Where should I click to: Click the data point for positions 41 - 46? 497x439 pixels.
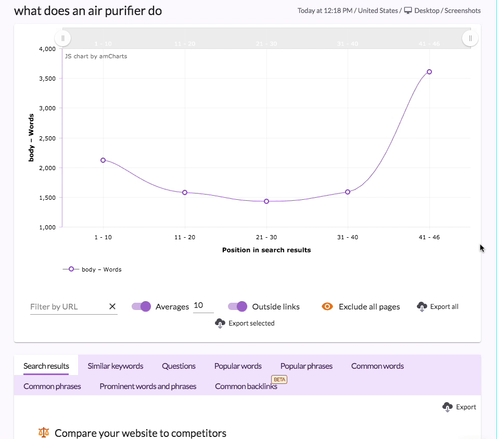[x=429, y=72]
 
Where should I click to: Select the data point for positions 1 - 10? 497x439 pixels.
[x=103, y=160]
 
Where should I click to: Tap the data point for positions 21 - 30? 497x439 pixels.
[x=266, y=201]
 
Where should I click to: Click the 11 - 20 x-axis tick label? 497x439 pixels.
[x=185, y=237]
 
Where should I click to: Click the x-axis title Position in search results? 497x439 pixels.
[x=266, y=250]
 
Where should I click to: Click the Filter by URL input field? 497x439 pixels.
[x=68, y=307]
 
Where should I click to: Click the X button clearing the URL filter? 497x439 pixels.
[x=112, y=307]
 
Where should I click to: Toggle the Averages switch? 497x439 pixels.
[x=141, y=307]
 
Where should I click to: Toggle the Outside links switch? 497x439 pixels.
[x=237, y=307]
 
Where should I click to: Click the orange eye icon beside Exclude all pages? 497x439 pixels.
[x=327, y=307]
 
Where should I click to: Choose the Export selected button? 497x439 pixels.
[x=245, y=324]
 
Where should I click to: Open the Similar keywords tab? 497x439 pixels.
[x=116, y=366]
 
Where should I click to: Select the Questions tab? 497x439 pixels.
[x=179, y=366]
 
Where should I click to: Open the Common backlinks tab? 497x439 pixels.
[x=246, y=386]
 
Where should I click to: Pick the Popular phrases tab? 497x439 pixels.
[x=307, y=366]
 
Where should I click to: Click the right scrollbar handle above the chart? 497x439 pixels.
[x=470, y=38]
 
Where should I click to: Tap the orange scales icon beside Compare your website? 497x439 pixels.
[x=44, y=433]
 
